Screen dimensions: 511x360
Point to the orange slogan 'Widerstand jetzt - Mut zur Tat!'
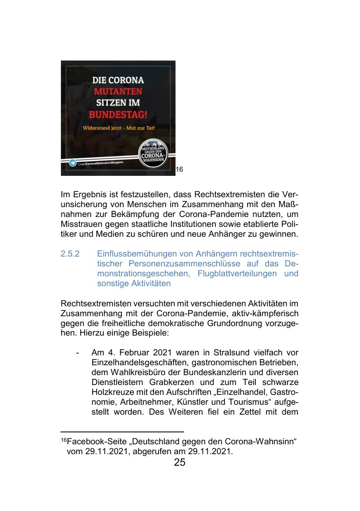pyautogui.click(x=119, y=127)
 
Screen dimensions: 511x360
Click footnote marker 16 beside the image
pyautogui.click(x=179, y=169)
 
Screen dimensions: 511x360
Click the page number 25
pyautogui.click(x=180, y=462)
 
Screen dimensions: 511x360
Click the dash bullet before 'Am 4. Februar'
pyautogui.click(x=77, y=353)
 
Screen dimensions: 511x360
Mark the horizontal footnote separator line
pyautogui.click(x=116, y=432)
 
